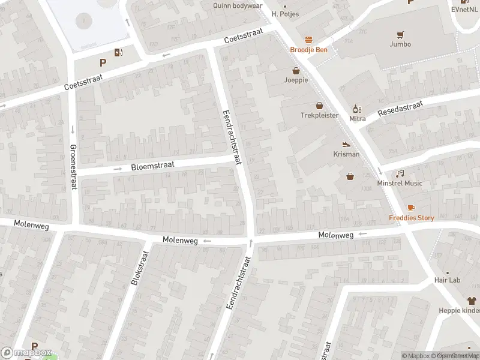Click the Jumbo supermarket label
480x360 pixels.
(x=400, y=44)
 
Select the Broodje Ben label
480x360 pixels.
(x=309, y=50)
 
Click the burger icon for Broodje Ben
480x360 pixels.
(x=309, y=40)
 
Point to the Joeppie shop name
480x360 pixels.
(x=296, y=80)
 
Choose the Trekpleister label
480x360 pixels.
(x=319, y=115)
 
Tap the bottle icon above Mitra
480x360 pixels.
(x=358, y=109)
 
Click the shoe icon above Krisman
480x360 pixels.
(x=346, y=144)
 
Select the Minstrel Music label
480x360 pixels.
(x=399, y=183)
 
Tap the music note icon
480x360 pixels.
(x=400, y=173)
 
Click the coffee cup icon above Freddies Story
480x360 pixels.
(x=411, y=208)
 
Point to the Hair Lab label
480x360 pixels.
(x=448, y=280)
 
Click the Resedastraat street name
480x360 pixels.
(x=400, y=109)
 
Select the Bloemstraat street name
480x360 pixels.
(x=152, y=166)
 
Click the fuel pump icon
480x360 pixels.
(x=119, y=52)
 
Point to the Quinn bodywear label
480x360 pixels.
(x=238, y=5)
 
